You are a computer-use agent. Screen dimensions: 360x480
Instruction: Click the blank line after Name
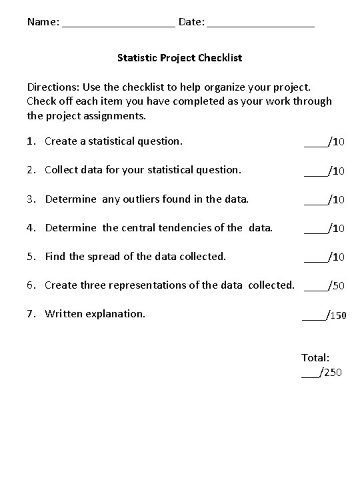[x=119, y=24]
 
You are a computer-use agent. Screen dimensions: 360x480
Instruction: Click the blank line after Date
[x=261, y=24]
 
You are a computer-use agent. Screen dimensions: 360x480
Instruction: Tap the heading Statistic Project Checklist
[x=179, y=58]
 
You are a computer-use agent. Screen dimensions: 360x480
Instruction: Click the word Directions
[x=52, y=87]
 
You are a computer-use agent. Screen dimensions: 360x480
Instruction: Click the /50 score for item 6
[x=335, y=286]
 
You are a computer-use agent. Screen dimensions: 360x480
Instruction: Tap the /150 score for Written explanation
[x=335, y=315]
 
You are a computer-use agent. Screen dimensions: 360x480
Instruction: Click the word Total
[x=315, y=358]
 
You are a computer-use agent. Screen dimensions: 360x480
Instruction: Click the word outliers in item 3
[x=144, y=199]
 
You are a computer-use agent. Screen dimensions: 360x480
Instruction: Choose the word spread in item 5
[x=101, y=256]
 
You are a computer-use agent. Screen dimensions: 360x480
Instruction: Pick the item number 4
[x=31, y=227]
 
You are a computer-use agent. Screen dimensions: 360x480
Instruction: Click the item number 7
[x=31, y=313]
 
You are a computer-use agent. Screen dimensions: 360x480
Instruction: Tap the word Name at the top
[x=42, y=22]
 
